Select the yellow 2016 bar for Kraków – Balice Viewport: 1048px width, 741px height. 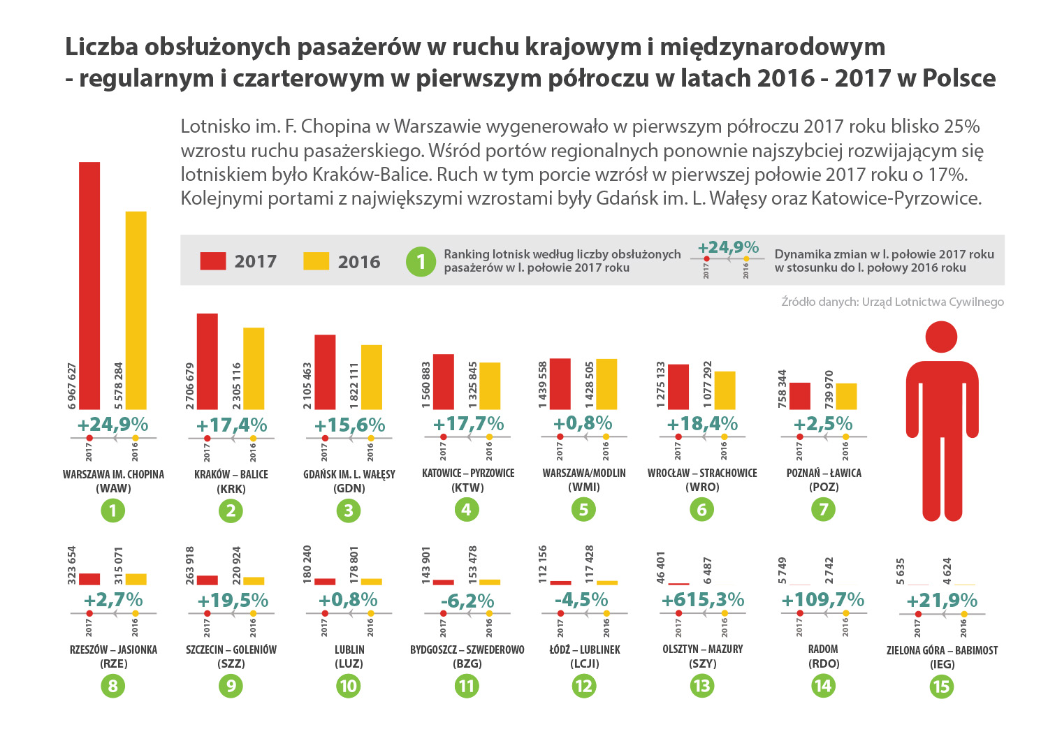click(254, 368)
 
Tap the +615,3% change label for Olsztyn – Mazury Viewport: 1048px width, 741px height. click(702, 600)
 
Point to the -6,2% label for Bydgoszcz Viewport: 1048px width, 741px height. click(467, 601)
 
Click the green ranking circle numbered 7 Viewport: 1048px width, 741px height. click(823, 510)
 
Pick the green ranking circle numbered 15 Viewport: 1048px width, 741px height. click(941, 686)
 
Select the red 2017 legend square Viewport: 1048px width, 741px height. click(212, 261)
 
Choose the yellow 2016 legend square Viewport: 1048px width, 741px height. click(316, 261)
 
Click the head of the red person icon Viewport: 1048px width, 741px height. click(941, 337)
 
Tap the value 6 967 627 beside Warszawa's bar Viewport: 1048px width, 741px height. click(72, 386)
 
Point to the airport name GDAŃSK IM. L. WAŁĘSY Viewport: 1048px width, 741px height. click(349, 474)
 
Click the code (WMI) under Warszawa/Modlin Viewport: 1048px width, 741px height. click(583, 487)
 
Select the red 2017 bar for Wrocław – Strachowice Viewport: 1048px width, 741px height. click(678, 386)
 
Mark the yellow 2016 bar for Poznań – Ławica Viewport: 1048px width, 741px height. click(846, 396)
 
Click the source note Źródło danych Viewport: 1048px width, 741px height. click(892, 302)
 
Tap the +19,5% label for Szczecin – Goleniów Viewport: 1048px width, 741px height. click(233, 601)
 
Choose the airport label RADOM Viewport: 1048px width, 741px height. click(823, 650)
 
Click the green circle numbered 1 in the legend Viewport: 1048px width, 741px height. click(421, 261)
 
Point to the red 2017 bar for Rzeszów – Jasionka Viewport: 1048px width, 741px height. click(89, 578)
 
